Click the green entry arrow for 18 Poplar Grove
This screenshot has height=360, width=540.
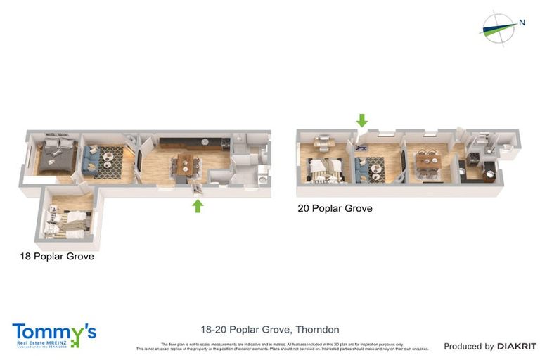pos(198,205)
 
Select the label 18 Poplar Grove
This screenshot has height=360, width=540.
pos(57,257)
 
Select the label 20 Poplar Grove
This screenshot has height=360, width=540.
pos(335,208)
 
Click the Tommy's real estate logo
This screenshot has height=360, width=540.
pos(53,335)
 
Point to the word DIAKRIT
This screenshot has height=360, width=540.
pos(517,346)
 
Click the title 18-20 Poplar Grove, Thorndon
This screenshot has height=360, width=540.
pos(270,329)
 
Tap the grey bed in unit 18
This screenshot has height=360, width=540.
pos(56,157)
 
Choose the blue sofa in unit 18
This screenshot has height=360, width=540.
pos(91,159)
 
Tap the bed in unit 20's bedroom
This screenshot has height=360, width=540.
pos(326,169)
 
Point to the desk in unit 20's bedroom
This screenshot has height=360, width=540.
pos(323,143)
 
